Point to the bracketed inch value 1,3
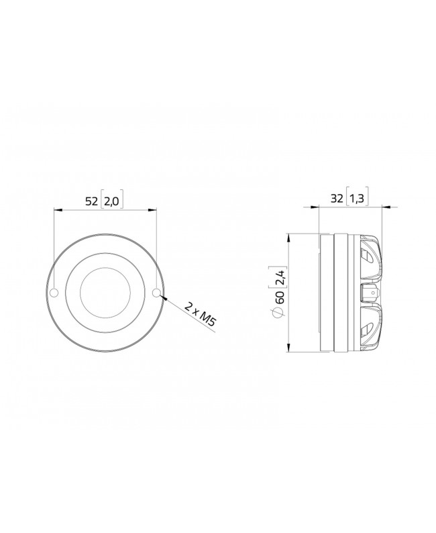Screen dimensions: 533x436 click(358, 198)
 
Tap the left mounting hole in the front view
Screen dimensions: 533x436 click(54, 292)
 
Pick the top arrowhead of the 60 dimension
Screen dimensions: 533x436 click(289, 237)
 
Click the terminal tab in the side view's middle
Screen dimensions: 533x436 click(371, 293)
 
